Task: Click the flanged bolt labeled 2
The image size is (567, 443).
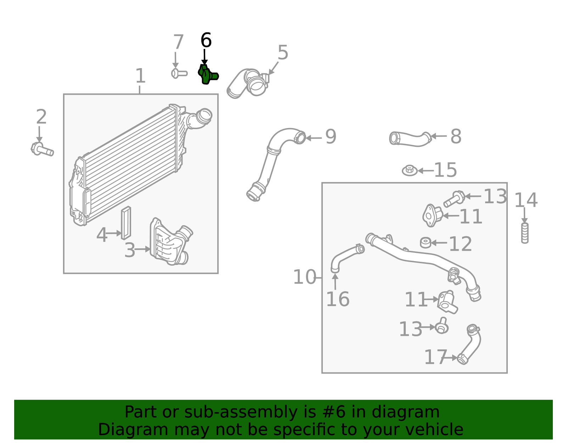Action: [42, 149]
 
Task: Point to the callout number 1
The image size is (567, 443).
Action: [140, 76]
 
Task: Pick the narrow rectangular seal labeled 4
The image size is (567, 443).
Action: [126, 223]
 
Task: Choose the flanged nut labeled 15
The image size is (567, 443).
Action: [409, 171]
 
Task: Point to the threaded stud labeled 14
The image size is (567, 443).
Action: [525, 233]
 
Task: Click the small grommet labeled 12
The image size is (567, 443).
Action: [425, 243]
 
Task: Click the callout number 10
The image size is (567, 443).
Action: [304, 277]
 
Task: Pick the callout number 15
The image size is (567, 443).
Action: [445, 170]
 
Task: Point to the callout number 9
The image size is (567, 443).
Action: [330, 137]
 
